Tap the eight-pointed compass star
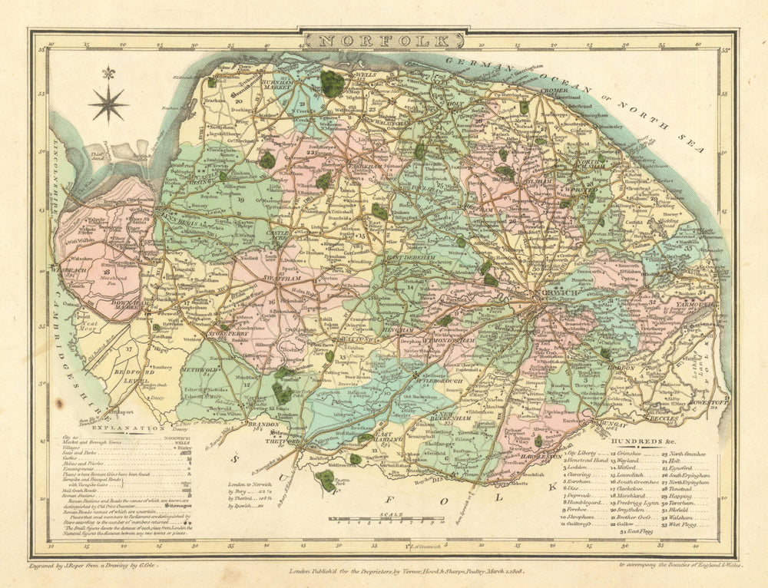tap(108, 103)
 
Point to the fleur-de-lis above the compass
tap(108, 73)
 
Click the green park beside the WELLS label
tap(332, 83)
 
